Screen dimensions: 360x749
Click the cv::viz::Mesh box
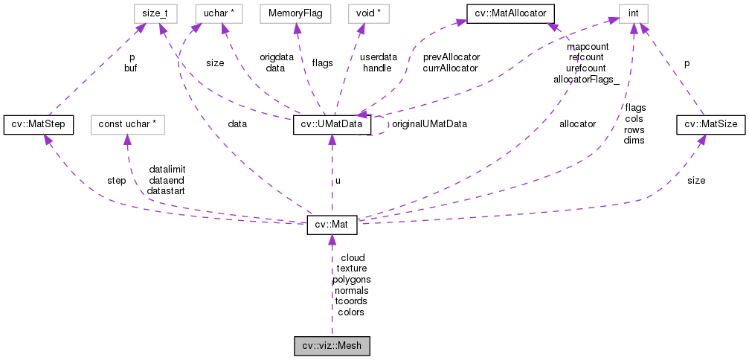(332, 346)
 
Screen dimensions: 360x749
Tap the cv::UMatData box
(332, 124)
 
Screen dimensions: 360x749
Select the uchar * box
(216, 13)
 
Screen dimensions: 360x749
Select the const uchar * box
(126, 124)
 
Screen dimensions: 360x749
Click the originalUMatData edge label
(429, 124)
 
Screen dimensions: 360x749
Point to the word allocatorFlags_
(586, 78)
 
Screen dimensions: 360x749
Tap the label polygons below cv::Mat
(351, 279)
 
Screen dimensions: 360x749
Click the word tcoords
(351, 301)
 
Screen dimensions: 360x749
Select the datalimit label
(167, 169)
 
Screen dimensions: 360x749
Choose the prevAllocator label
(451, 57)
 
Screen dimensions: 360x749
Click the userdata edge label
(378, 57)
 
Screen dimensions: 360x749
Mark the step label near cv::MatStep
(116, 180)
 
